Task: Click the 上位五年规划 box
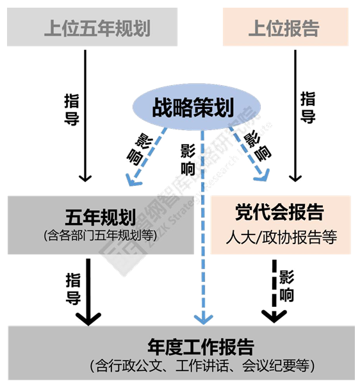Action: (x=92, y=28)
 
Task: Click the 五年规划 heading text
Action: (x=99, y=215)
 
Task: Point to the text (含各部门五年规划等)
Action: (x=100, y=235)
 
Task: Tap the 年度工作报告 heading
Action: (x=200, y=347)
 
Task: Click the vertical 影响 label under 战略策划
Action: (x=188, y=160)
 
